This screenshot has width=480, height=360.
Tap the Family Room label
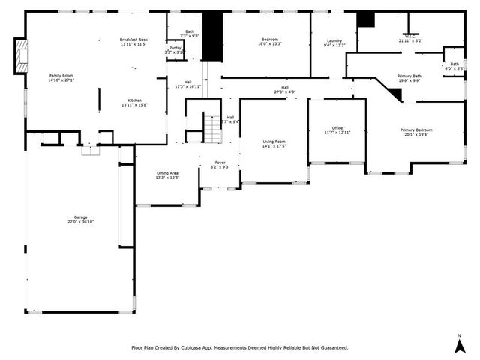pos(61,76)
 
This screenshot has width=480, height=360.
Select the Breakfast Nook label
pos(134,40)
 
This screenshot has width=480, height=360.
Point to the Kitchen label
pos(134,100)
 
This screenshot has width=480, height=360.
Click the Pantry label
pos(175,47)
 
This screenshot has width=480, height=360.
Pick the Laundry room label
pos(334,40)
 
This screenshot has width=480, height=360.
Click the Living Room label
pos(274,141)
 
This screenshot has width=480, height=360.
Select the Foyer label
pos(220,162)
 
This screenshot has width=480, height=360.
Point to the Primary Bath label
pos(409,76)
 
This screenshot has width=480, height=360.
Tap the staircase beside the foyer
pos(214,129)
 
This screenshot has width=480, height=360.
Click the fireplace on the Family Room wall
pos(20,56)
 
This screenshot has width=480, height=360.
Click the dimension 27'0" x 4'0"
pos(285,92)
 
